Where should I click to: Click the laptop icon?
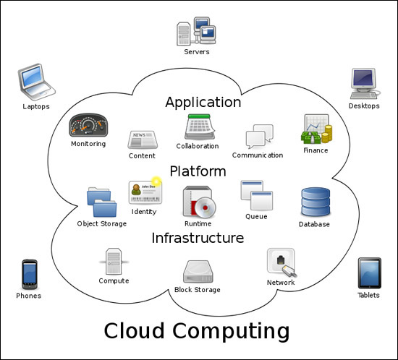[x=36, y=82]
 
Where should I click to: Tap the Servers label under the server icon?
[x=197, y=52]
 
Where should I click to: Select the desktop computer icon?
[x=364, y=83]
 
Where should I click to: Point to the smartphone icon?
[x=30, y=274]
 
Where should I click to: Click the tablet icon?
[x=370, y=273]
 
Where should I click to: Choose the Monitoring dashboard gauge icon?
[x=88, y=125]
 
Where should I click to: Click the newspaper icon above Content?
[x=143, y=140]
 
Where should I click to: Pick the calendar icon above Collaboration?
[x=200, y=127]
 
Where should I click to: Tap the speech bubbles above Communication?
[x=259, y=136]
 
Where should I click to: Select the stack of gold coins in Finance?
[x=326, y=134]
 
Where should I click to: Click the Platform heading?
[x=198, y=171]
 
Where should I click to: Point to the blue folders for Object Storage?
[x=101, y=202]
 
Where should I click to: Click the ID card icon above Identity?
[x=145, y=191]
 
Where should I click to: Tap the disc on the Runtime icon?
[x=205, y=208]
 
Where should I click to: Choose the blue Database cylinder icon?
[x=316, y=202]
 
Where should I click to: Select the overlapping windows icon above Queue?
[x=257, y=195]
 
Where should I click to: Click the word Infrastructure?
[x=198, y=238]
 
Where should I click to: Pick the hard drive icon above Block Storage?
[x=198, y=272]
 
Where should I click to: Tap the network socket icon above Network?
[x=281, y=262]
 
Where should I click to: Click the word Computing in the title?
[x=231, y=332]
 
